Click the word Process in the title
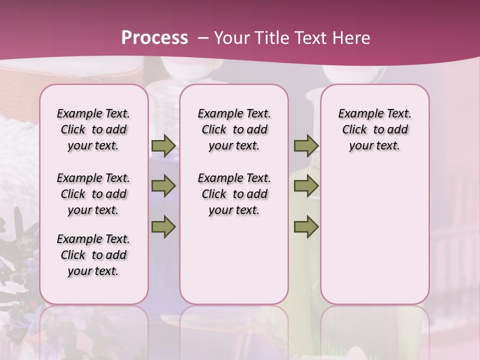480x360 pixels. pyautogui.click(x=154, y=37)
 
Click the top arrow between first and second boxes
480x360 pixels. pyautogui.click(x=163, y=146)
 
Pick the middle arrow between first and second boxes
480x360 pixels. pyautogui.click(x=163, y=186)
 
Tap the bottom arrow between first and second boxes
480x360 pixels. pyautogui.click(x=163, y=226)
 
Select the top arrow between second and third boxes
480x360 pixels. pyautogui.click(x=306, y=146)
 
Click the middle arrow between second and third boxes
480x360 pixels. pyautogui.click(x=306, y=186)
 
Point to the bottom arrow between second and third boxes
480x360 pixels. pyautogui.click(x=306, y=226)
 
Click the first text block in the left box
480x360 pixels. pyautogui.click(x=93, y=129)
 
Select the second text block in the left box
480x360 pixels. pyautogui.click(x=93, y=194)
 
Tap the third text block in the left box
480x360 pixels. pyautogui.click(x=93, y=255)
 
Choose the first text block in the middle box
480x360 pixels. pyautogui.click(x=234, y=129)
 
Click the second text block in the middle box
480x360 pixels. pyautogui.click(x=234, y=194)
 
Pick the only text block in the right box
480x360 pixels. pyautogui.click(x=374, y=129)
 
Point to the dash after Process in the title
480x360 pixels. pyautogui.click(x=203, y=38)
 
